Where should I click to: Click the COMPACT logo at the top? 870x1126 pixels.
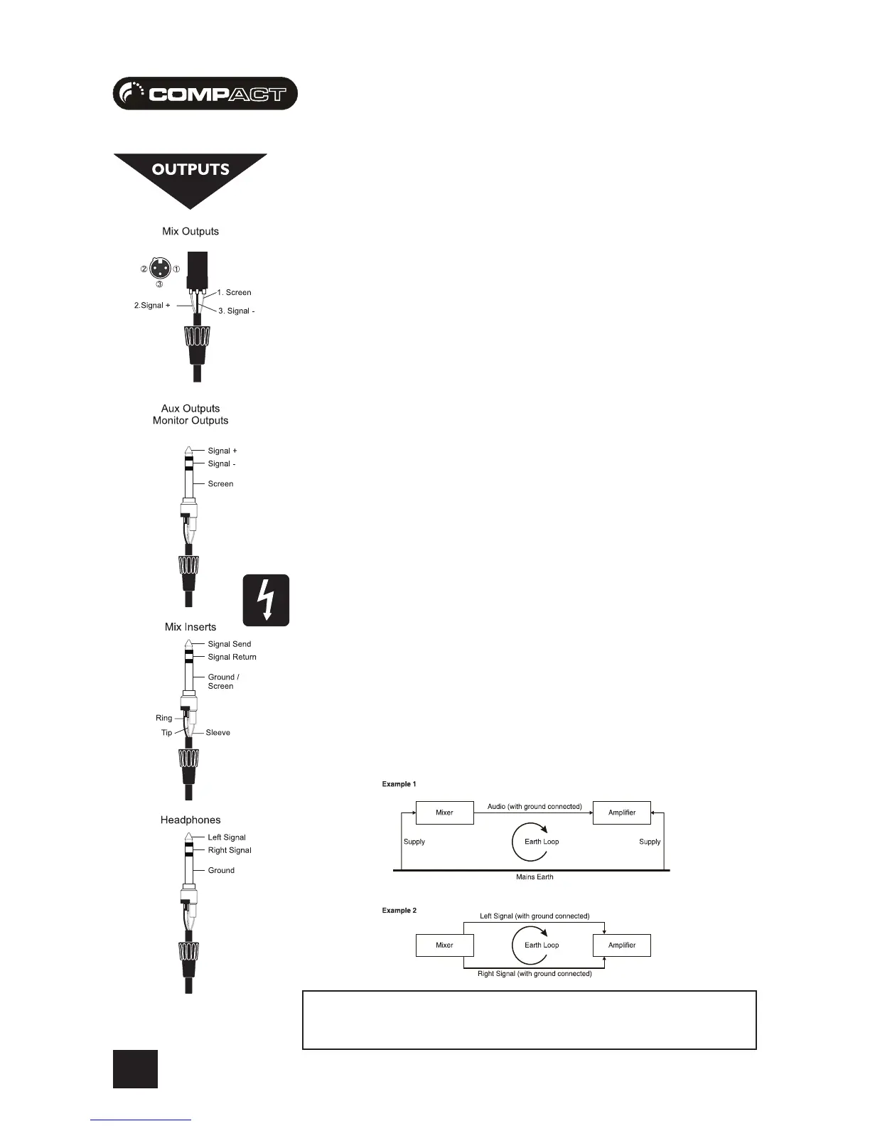(205, 93)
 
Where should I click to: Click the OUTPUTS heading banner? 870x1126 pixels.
(190, 171)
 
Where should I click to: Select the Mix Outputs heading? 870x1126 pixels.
(190, 231)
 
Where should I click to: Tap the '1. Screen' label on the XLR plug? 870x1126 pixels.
(234, 292)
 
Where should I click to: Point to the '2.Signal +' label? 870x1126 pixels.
(152, 305)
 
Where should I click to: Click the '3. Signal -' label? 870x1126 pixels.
(236, 311)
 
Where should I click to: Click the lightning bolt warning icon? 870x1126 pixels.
(266, 600)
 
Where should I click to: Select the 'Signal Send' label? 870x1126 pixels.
(229, 644)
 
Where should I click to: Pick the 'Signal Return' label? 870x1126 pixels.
(232, 657)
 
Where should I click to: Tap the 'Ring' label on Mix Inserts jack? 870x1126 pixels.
(163, 718)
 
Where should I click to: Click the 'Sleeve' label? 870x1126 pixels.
(217, 732)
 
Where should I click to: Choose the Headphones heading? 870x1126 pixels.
(190, 820)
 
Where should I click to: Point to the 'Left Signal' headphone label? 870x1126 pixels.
(226, 837)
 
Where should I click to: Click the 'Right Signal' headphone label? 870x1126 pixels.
(229, 850)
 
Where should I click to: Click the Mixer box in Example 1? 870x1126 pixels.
(444, 813)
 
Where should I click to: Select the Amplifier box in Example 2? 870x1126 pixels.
(622, 945)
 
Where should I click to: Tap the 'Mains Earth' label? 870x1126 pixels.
(535, 877)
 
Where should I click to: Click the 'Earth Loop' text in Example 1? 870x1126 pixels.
(542, 842)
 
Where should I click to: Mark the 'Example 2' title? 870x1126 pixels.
(399, 911)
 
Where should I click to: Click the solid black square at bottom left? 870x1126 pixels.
(135, 1069)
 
